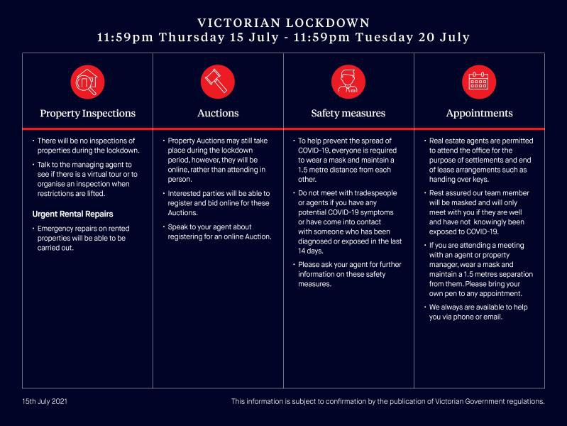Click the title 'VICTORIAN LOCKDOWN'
click(x=283, y=23)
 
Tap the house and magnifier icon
click(x=87, y=82)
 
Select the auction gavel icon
click(x=218, y=82)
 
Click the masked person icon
click(x=348, y=82)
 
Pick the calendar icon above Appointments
click(x=479, y=82)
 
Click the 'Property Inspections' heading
click(x=87, y=114)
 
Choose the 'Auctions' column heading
click(x=218, y=114)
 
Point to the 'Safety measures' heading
click(x=348, y=114)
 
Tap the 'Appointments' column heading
click(x=479, y=114)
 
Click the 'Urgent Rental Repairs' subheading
click(x=73, y=214)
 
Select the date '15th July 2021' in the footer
click(x=45, y=402)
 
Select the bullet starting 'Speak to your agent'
click(x=219, y=231)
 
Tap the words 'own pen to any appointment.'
click(x=475, y=293)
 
